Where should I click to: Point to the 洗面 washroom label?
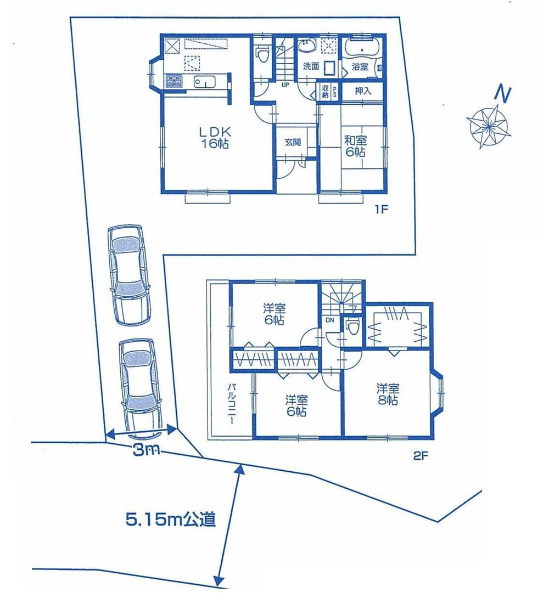311,66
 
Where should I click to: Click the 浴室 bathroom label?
360,67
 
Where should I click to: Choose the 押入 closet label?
363,91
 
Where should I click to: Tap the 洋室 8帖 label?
388,394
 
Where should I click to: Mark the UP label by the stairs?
285,85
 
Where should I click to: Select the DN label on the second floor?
329,320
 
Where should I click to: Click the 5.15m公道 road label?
170,519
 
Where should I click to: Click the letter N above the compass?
502,94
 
